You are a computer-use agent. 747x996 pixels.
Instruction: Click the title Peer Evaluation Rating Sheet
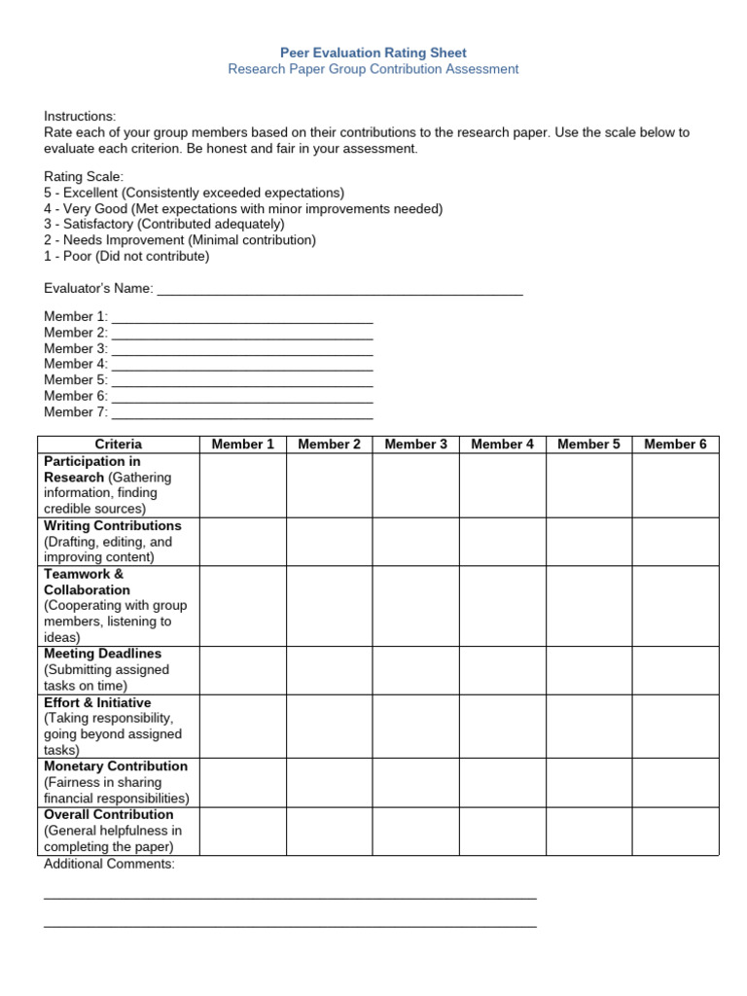pos(373,53)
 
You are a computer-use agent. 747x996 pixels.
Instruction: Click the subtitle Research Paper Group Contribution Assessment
pos(373,69)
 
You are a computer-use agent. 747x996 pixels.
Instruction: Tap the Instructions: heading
pos(80,116)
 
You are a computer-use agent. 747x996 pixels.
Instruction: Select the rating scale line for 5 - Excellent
pos(194,193)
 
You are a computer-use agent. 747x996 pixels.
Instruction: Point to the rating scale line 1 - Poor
pos(126,257)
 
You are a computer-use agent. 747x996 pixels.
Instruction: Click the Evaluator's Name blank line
pos(339,289)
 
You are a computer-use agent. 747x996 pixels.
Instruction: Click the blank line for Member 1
pos(242,317)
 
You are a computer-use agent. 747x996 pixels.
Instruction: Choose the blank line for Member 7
pos(242,412)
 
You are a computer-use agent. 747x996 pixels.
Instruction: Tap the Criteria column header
pos(119,445)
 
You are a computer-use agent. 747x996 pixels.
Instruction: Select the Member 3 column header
pos(415,445)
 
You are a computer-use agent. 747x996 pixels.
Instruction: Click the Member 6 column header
pos(675,445)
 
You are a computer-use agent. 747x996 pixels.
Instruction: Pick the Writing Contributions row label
pos(113,525)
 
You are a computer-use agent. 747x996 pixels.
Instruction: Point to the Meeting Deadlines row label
pos(103,654)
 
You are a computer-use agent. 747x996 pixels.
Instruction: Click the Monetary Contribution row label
pos(116,766)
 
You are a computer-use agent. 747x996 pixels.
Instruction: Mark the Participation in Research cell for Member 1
pos(242,485)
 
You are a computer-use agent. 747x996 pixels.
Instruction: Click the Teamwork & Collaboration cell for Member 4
pos(502,605)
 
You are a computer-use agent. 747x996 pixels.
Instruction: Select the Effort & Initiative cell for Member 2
pos(329,726)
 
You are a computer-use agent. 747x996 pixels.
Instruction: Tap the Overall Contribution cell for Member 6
pos(675,831)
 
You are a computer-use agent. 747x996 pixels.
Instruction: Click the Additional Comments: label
pos(109,864)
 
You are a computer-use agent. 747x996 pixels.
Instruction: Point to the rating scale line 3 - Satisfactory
pos(164,225)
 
